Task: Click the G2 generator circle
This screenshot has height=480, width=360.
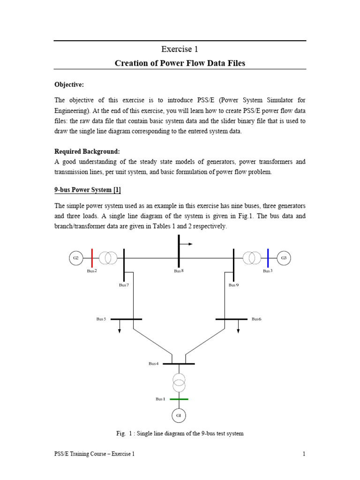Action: pyautogui.click(x=75, y=258)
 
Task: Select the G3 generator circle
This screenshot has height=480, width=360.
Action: pyautogui.click(x=284, y=258)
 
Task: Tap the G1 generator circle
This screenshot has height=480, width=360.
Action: pyautogui.click(x=179, y=415)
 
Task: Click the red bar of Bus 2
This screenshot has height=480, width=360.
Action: pyautogui.click(x=92, y=258)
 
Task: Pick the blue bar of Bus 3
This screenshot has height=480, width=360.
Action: pyautogui.click(x=268, y=258)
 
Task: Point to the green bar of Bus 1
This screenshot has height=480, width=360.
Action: pyautogui.click(x=179, y=399)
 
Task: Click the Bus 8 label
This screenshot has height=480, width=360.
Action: pyautogui.click(x=179, y=271)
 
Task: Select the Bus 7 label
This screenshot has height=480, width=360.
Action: pyautogui.click(x=124, y=285)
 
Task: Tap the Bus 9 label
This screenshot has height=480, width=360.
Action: pyautogui.click(x=233, y=285)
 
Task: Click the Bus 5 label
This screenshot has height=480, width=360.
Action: pyautogui.click(x=101, y=319)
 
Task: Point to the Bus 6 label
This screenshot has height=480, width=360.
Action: pyautogui.click(x=256, y=319)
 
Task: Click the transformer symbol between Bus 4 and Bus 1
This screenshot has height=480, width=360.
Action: pyautogui.click(x=179, y=382)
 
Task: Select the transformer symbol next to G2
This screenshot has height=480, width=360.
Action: pyautogui.click(x=108, y=258)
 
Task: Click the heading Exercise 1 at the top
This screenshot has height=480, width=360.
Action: pyautogui.click(x=180, y=49)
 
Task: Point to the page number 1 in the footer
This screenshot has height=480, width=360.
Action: pyautogui.click(x=304, y=454)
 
